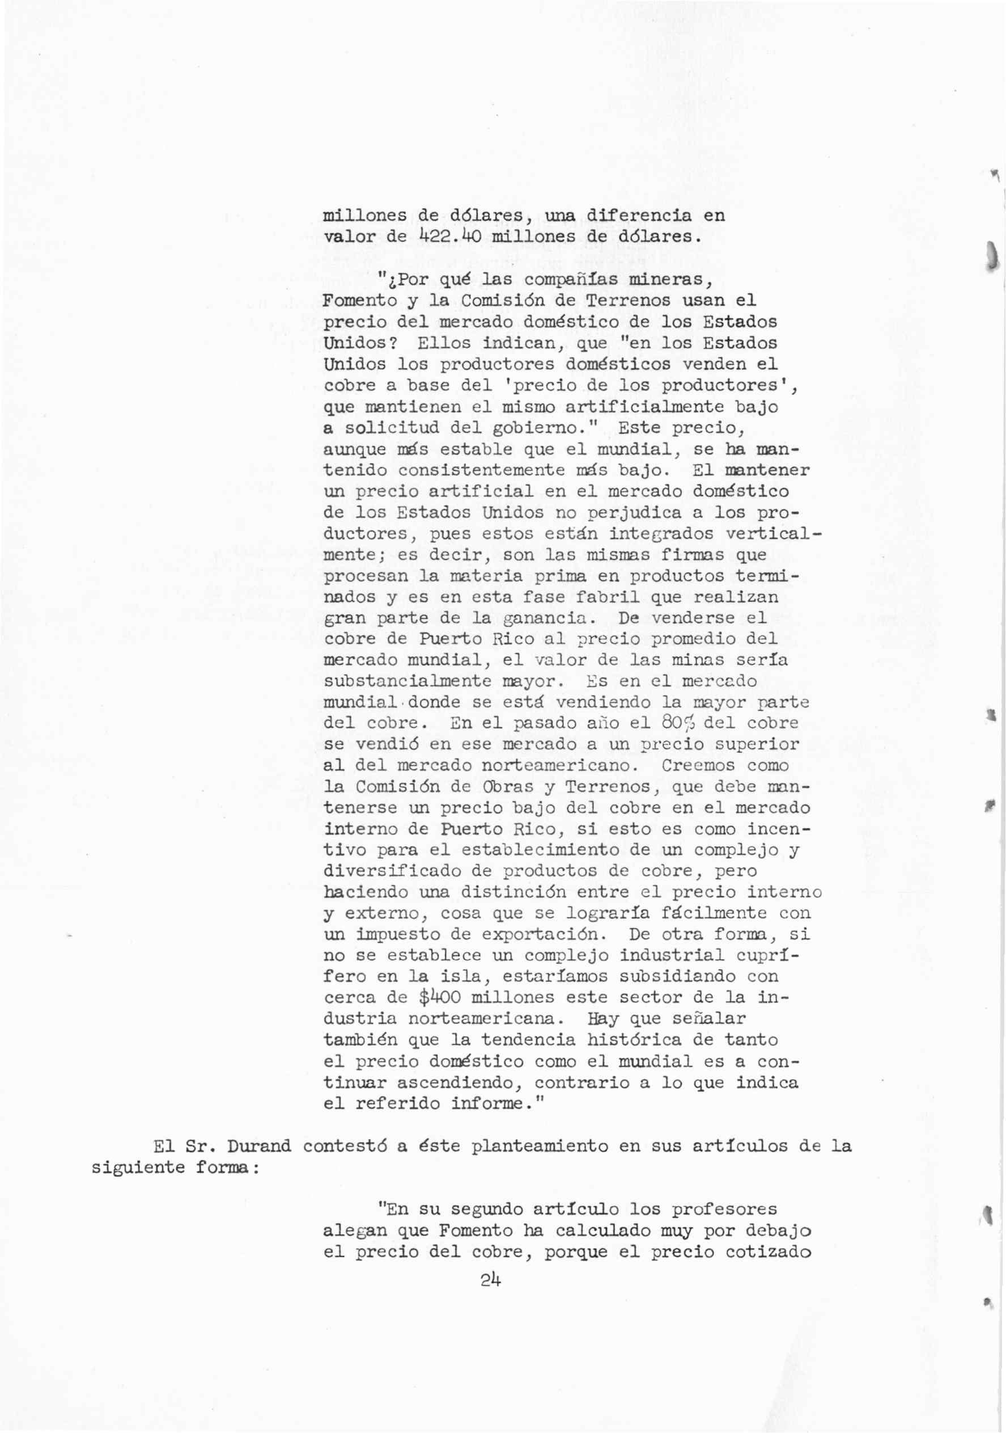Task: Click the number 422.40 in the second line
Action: pos(449,237)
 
